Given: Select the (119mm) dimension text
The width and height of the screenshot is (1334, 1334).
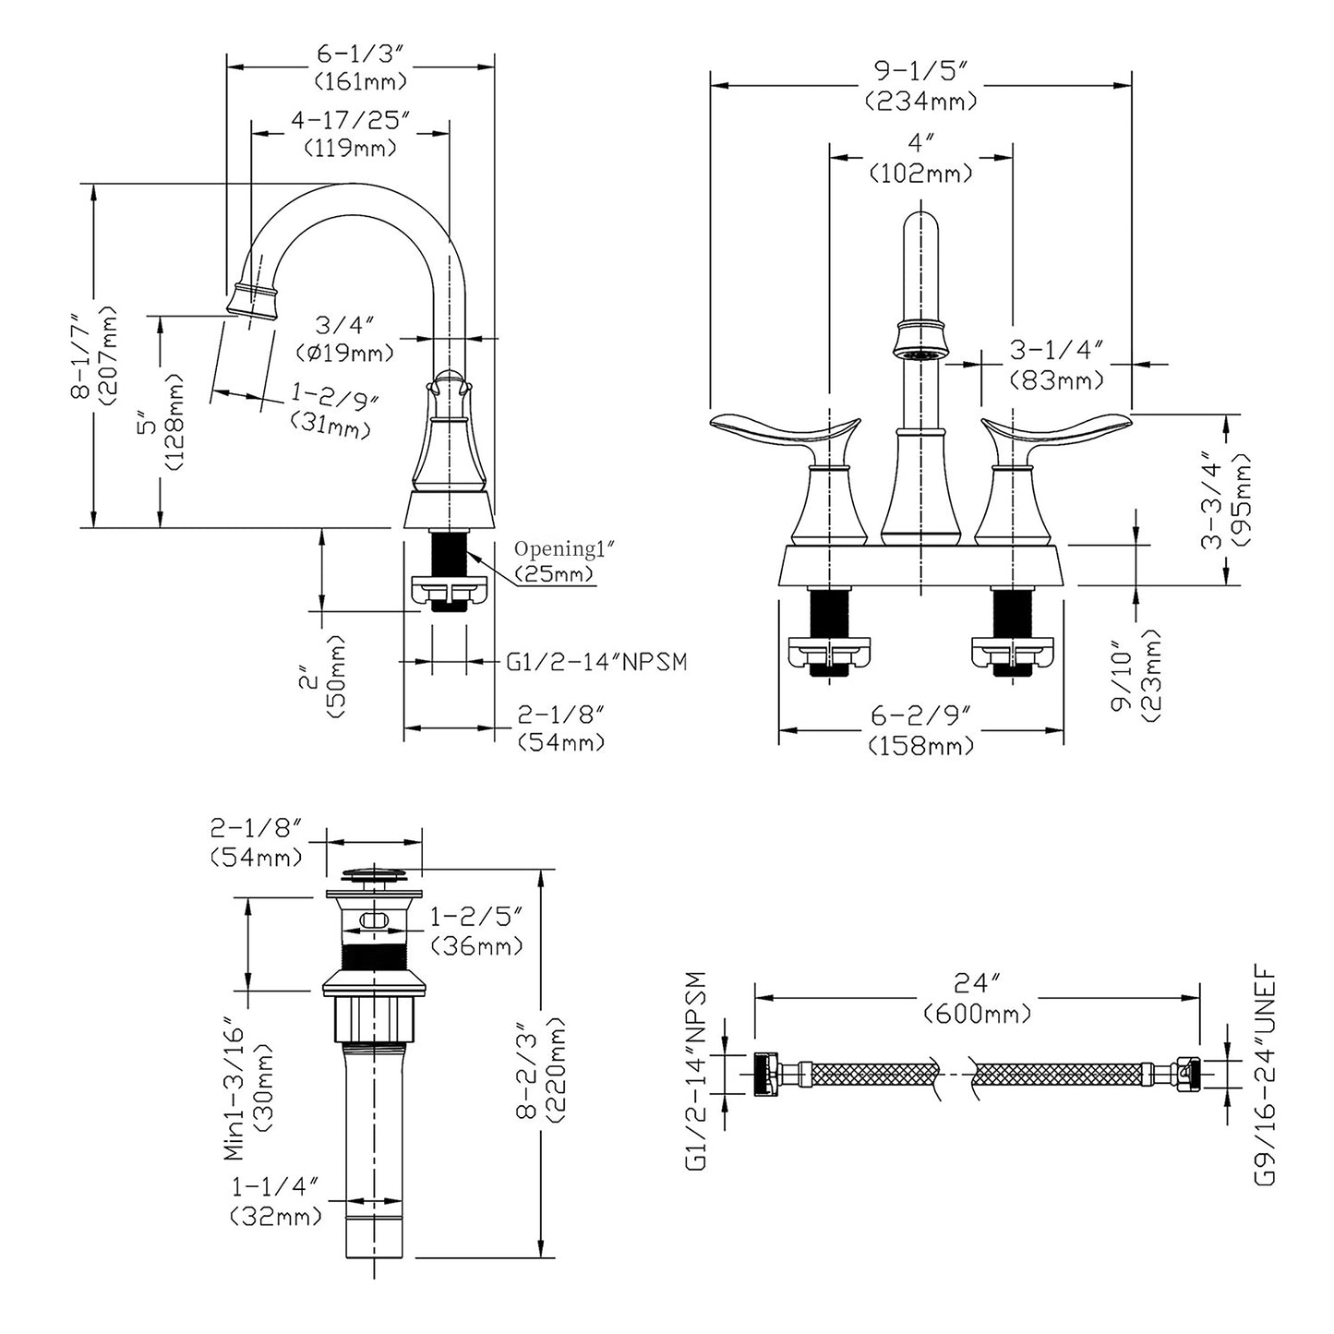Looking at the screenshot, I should pyautogui.click(x=350, y=147).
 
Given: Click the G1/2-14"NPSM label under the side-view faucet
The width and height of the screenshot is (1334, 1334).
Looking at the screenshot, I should pyautogui.click(x=596, y=662).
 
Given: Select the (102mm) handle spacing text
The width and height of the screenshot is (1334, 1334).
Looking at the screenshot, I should pyautogui.click(x=920, y=173).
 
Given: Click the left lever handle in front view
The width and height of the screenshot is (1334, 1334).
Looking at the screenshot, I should pyautogui.click(x=785, y=432).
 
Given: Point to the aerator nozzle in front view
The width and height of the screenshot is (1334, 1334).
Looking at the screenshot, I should pyautogui.click(x=921, y=353).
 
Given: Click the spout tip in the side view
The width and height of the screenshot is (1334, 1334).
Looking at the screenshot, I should pyautogui.click(x=251, y=302).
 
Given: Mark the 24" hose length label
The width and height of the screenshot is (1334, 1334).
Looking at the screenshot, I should pyautogui.click(x=977, y=983).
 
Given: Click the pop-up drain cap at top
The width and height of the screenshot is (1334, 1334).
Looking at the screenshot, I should pyautogui.click(x=375, y=872).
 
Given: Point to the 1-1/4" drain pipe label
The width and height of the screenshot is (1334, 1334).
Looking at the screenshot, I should pyautogui.click(x=274, y=1185).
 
